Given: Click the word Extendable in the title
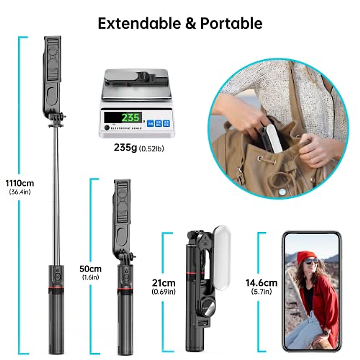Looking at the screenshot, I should coord(140,23).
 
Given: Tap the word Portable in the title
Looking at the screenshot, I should coord(231,23).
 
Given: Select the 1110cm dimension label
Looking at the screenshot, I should coord(20,183).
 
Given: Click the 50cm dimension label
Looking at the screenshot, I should coord(90,268).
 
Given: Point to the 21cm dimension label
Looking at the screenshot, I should coord(163,283).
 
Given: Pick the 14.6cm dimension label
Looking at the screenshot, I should coord(261,283).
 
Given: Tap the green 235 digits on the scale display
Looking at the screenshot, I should coord(130,117).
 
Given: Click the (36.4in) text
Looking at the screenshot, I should coord(20,192).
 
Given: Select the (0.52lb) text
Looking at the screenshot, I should coord(151,148).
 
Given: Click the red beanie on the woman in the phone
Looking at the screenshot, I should coord(306,257).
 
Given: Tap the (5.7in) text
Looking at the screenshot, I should coord(261,291).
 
